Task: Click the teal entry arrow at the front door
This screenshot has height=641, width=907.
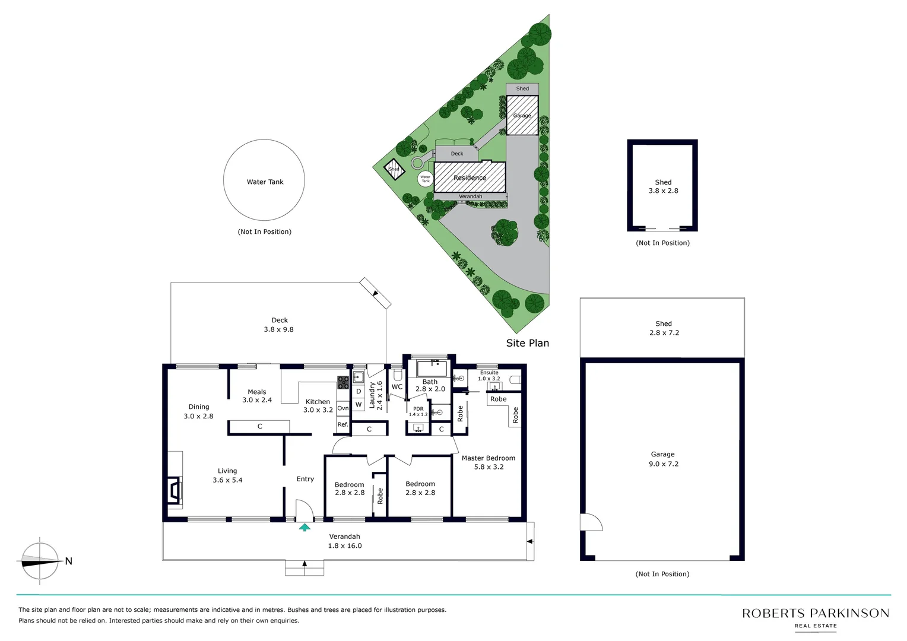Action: click(305, 527)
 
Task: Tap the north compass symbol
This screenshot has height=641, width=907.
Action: click(40, 561)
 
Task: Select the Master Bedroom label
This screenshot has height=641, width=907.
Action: click(488, 458)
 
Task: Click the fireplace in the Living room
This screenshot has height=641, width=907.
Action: click(174, 490)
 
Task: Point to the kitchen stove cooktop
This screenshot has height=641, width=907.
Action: click(343, 382)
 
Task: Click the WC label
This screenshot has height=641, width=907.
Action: click(397, 387)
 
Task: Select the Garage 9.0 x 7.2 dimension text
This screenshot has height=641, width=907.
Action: click(663, 464)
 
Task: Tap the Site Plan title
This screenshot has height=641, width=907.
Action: click(527, 343)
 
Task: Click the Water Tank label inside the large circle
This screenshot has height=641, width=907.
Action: click(265, 182)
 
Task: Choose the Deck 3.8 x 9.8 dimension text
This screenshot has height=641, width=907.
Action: click(279, 329)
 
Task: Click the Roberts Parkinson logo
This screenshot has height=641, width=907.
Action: click(815, 617)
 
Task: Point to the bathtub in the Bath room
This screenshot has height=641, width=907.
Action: click(432, 368)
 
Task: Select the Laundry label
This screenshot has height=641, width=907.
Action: click(372, 395)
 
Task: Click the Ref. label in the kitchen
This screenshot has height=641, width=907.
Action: click(343, 424)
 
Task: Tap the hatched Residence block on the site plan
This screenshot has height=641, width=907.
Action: click(470, 177)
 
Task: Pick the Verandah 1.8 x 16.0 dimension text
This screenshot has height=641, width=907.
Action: click(345, 545)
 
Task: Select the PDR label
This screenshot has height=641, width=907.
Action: click(418, 409)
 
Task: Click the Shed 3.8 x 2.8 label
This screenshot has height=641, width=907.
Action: click(663, 186)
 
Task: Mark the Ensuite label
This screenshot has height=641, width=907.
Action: click(489, 373)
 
